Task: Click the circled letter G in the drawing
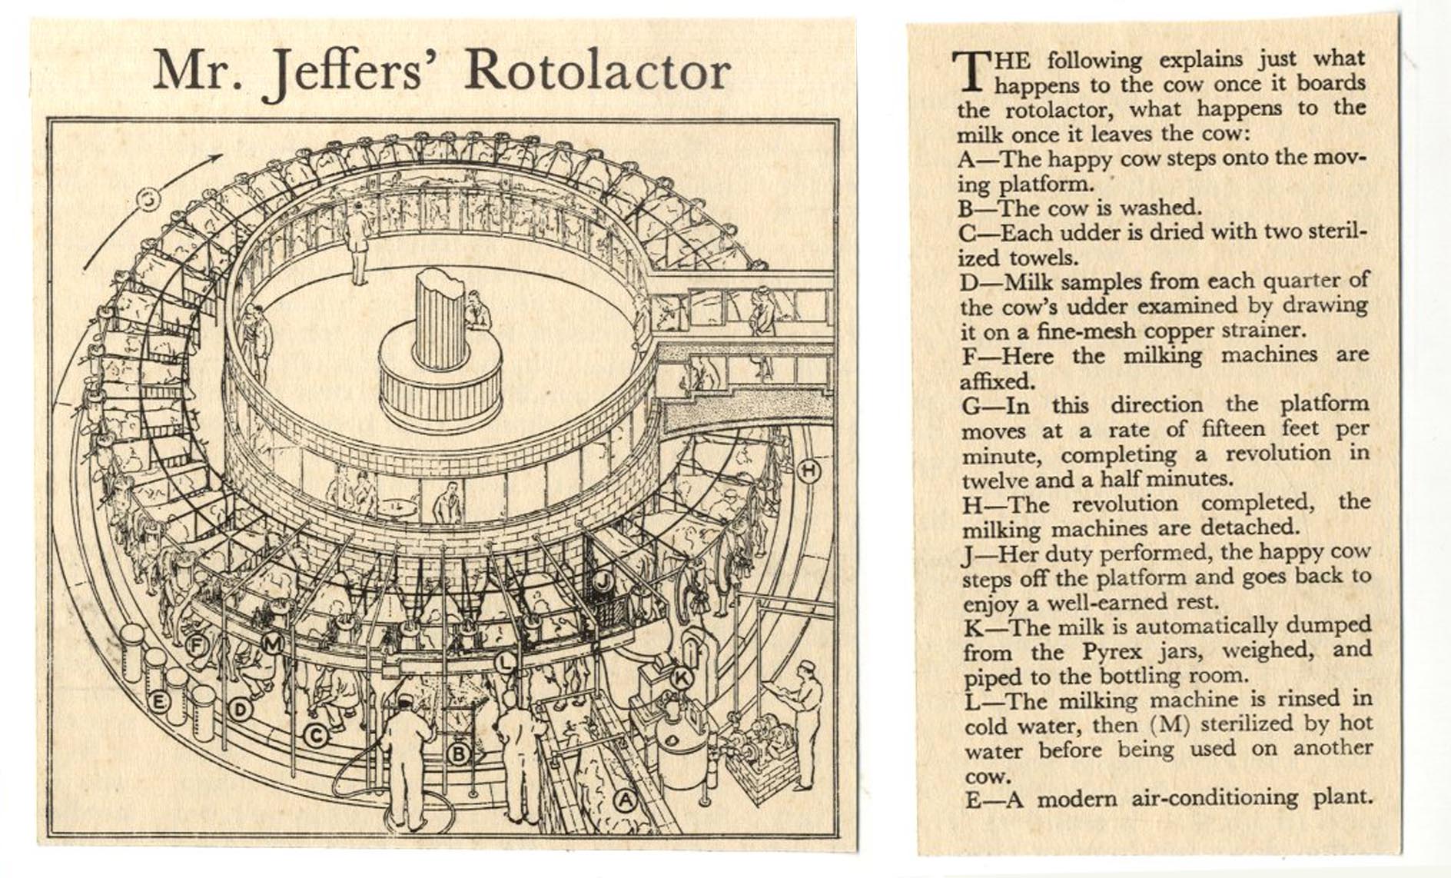149,201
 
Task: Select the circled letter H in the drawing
808,471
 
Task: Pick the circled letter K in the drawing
681,678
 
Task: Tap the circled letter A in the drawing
626,801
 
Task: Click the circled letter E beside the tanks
158,701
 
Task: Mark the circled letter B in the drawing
458,753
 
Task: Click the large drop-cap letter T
972,71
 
